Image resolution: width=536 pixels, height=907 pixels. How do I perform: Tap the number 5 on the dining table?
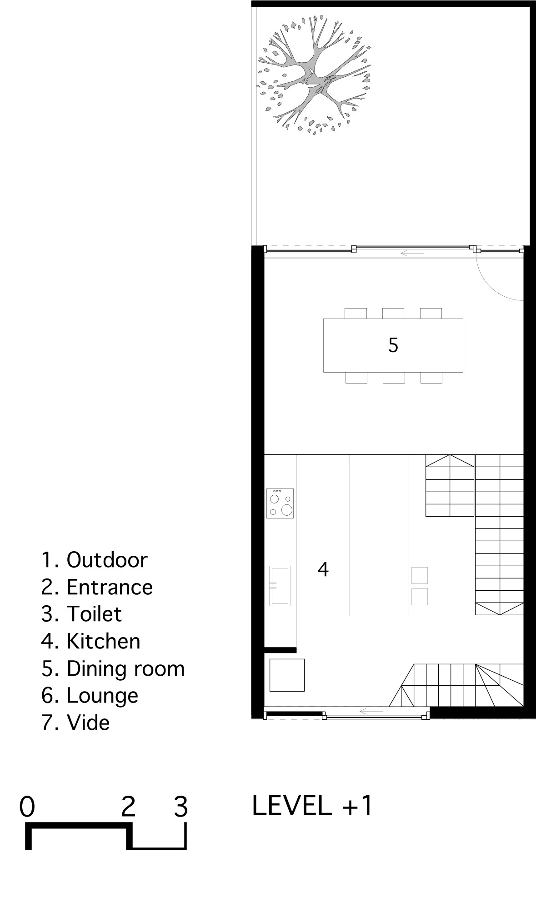(393, 345)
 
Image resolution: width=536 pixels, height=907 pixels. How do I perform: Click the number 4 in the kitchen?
(323, 569)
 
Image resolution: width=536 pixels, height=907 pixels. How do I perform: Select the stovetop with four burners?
(280, 503)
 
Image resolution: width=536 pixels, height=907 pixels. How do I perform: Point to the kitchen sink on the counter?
(280, 586)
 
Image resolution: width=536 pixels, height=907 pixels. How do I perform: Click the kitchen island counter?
(379, 535)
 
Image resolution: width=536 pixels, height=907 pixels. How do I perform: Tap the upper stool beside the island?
(420, 575)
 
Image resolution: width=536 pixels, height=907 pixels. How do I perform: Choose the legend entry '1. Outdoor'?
(95, 560)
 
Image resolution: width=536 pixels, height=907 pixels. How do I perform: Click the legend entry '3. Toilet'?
(82, 614)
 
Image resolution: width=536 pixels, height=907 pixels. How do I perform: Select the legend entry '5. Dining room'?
(113, 668)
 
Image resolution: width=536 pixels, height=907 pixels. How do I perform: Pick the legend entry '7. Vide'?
(75, 723)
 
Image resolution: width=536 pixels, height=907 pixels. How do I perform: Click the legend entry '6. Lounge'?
(90, 696)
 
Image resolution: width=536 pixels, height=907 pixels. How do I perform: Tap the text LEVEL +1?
(312, 806)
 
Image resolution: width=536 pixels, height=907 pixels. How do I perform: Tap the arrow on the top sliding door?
(412, 253)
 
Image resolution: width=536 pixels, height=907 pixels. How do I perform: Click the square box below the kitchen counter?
(287, 675)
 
